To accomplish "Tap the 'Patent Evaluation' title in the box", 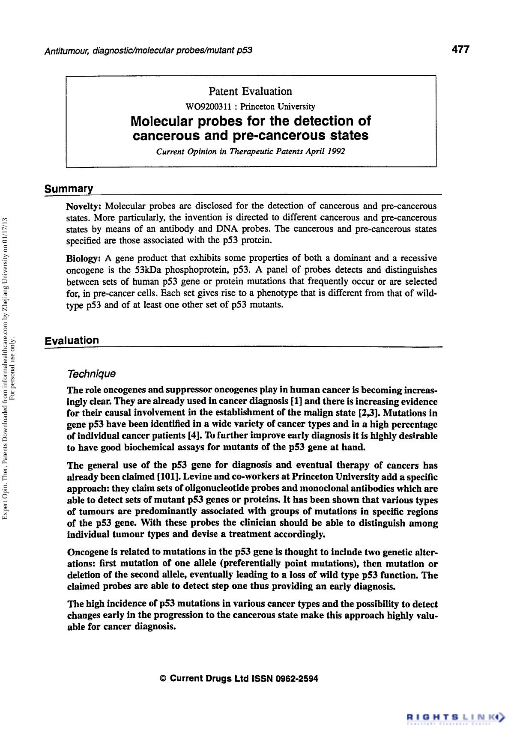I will point(250,91).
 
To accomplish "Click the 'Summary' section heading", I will point(69,189).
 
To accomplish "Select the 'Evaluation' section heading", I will point(72,340).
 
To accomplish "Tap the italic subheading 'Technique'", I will point(92,374).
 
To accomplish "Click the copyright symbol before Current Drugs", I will point(163,679).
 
